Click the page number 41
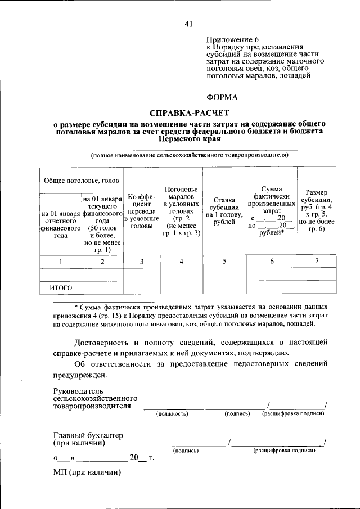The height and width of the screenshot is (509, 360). [x=188, y=23]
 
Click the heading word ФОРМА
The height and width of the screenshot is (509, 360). [x=222, y=97]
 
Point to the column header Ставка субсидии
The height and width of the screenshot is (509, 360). [x=224, y=211]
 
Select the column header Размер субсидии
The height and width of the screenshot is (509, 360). [x=317, y=211]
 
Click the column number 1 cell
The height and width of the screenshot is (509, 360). [x=60, y=262]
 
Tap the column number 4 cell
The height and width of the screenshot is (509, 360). [x=181, y=262]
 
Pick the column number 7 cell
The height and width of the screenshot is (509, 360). [x=317, y=262]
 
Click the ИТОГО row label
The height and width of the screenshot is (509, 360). [x=60, y=288]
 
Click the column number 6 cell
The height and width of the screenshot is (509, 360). [x=272, y=262]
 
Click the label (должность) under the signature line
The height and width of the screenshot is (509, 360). [x=172, y=414]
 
